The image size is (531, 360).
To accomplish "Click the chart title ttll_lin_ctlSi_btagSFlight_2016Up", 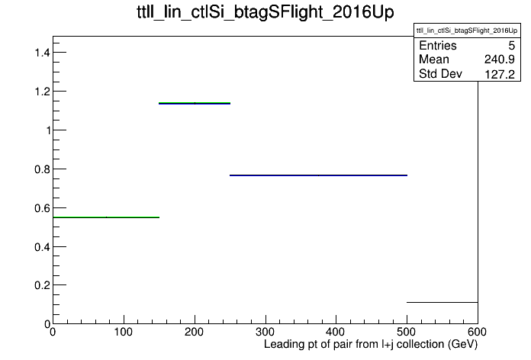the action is pos(265,12).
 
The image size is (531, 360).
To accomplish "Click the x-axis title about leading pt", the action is pos(371,345).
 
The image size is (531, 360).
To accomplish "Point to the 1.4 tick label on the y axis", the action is pos(42,53).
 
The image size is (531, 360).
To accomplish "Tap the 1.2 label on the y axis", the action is pos(42,92).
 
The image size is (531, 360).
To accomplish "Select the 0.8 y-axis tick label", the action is pos(42,169).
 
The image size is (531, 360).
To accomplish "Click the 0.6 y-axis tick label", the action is pos(42,208).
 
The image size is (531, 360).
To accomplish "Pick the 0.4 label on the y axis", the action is pos(42,247).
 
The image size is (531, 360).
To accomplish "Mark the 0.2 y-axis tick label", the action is pos(42,285).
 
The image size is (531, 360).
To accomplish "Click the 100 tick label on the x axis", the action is pos(124,332).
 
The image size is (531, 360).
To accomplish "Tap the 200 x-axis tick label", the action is pos(194,332).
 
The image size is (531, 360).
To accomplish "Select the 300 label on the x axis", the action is pos(265,332).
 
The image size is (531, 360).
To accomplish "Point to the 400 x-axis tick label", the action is pos(336,332).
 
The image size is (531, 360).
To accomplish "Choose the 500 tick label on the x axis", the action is pos(407,332).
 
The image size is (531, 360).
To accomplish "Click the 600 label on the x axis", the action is pos(477,332).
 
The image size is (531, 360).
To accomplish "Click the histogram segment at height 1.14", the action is pos(195,103).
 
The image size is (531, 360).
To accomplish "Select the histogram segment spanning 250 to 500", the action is pos(318,175).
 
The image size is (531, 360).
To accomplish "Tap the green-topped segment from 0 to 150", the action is pos(106,217).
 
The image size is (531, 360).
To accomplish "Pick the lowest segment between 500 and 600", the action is pos(443,302).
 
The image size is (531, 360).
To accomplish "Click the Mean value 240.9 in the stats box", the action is pos(499,59).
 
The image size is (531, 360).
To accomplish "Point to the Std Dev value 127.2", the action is pos(500,74).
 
